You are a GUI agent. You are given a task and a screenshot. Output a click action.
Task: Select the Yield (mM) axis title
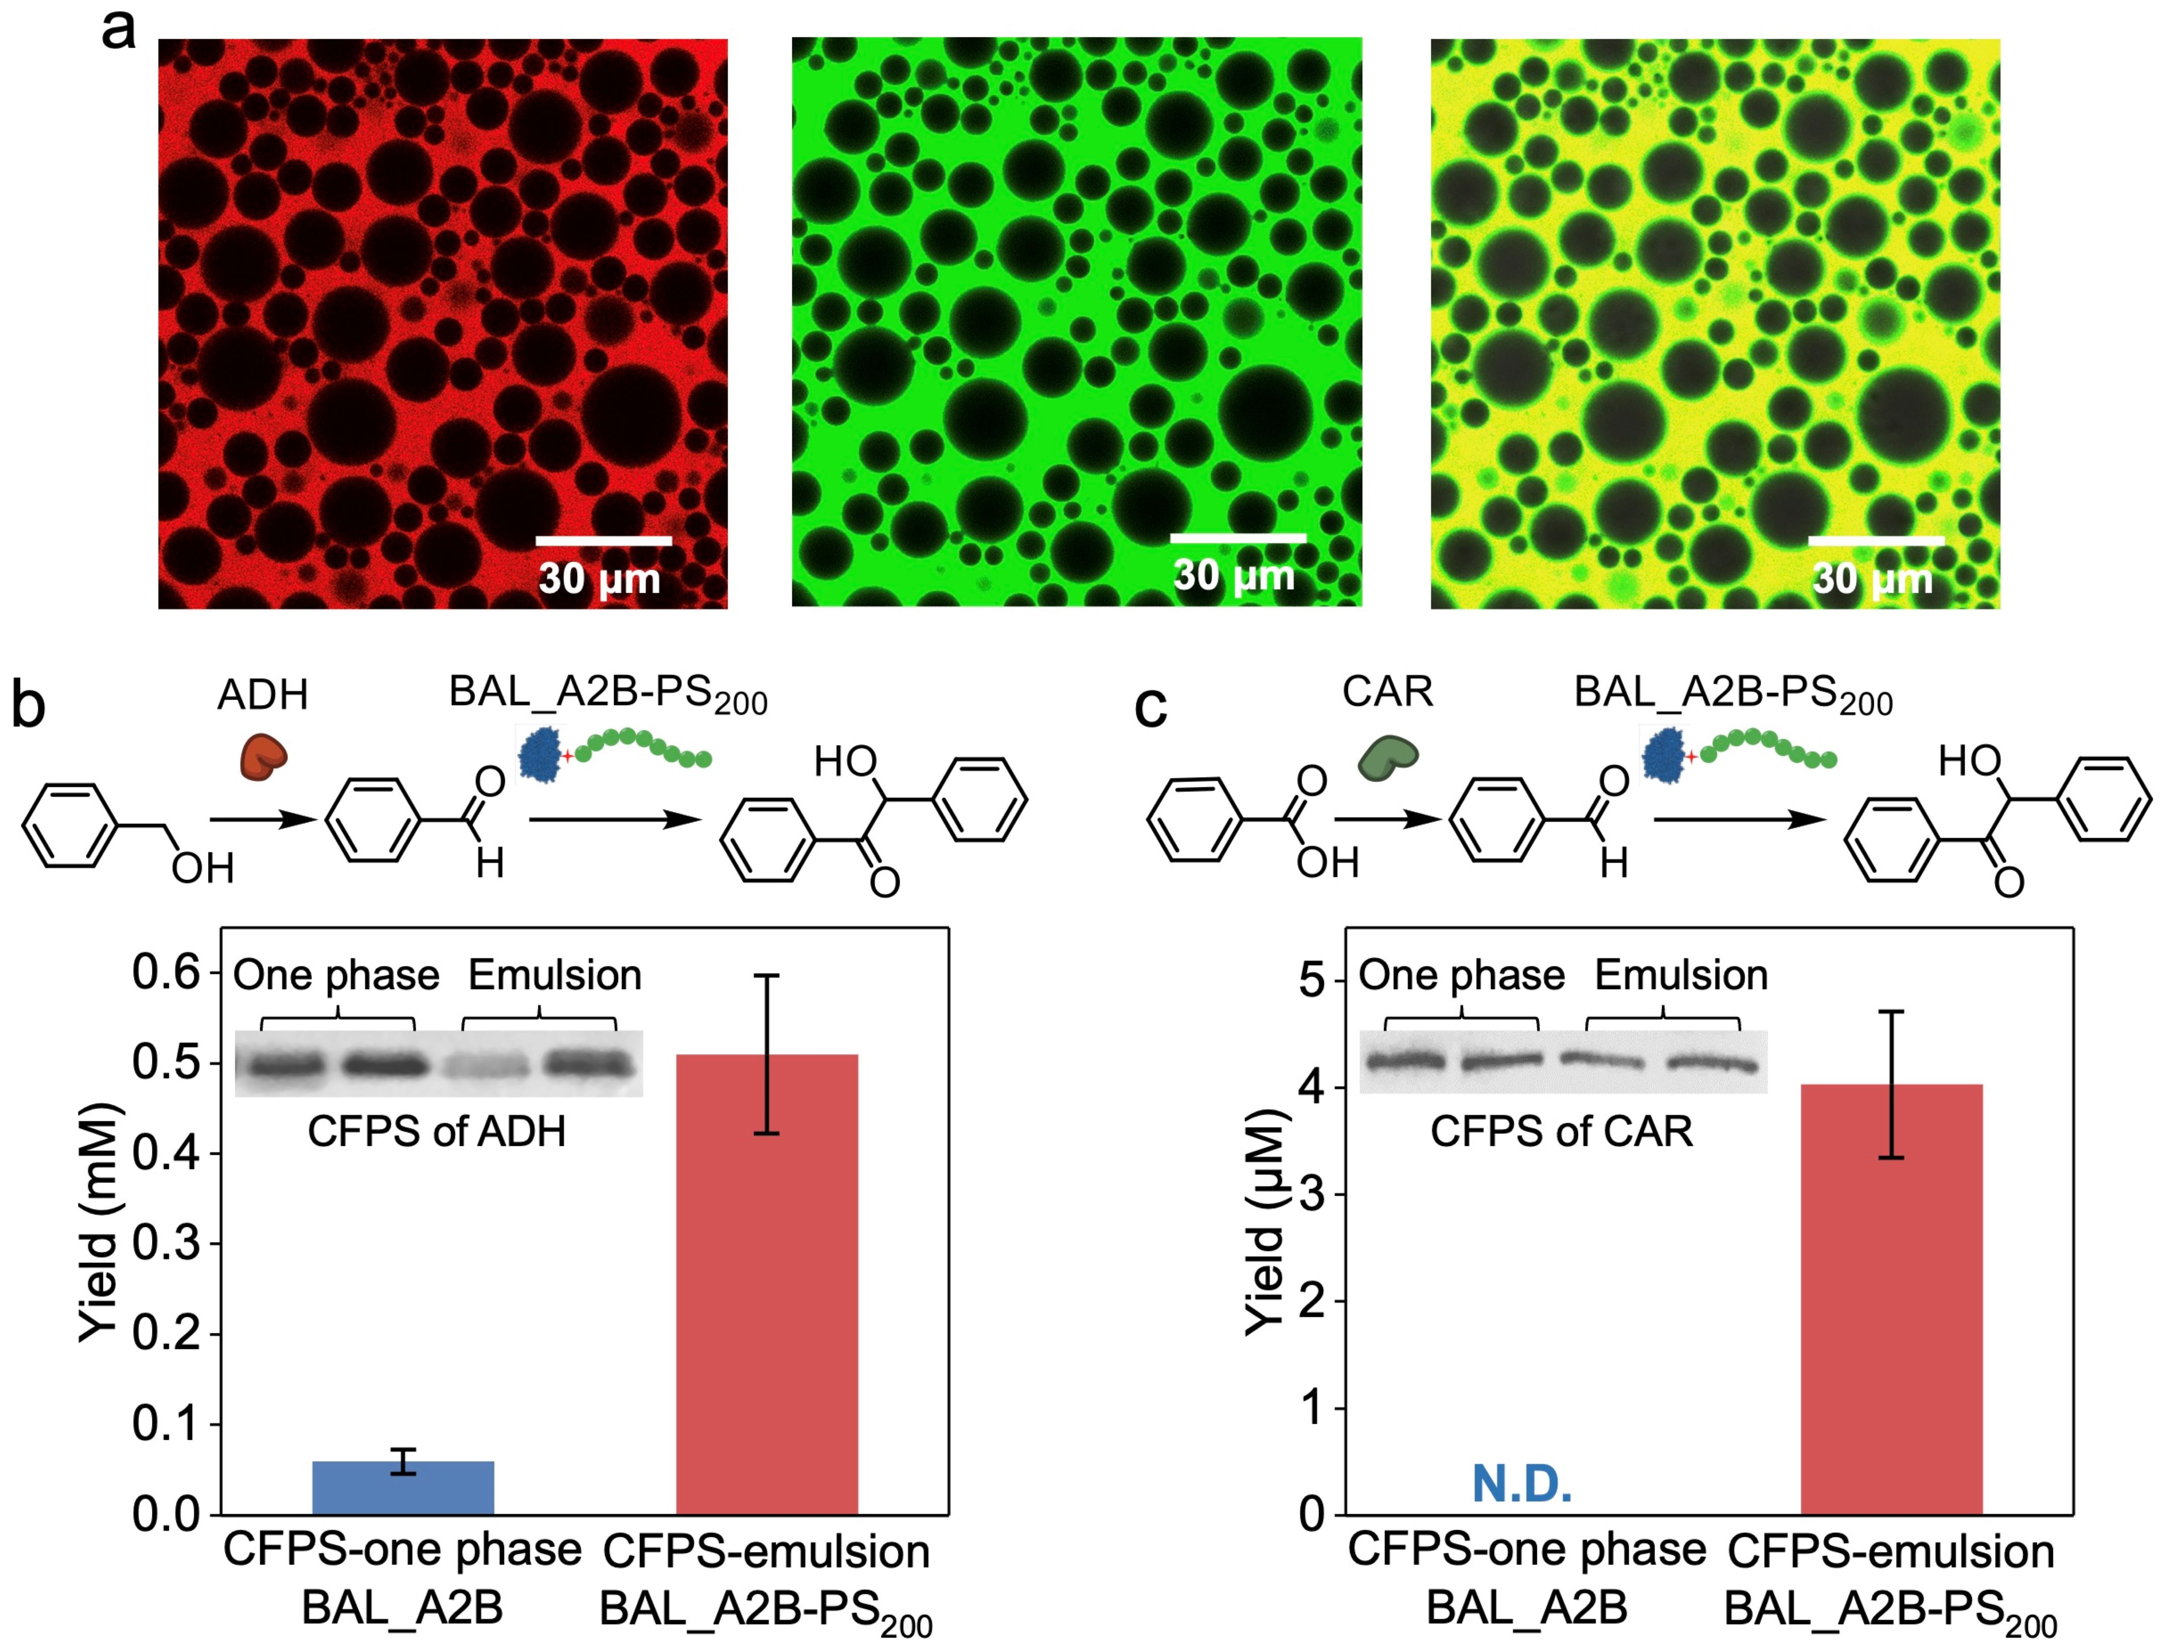click(100, 1223)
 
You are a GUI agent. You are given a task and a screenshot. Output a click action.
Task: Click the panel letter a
click(119, 29)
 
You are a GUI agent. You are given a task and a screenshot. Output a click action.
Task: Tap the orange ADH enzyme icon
click(265, 757)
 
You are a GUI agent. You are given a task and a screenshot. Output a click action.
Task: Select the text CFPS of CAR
click(1561, 1132)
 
